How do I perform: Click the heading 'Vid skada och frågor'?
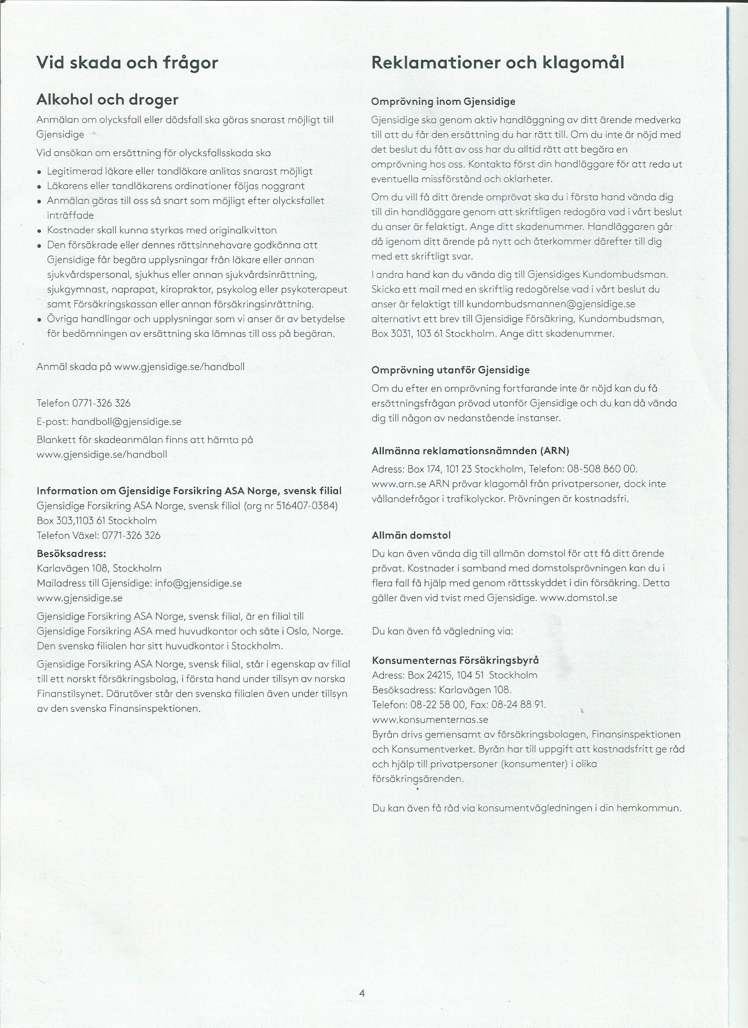click(x=127, y=63)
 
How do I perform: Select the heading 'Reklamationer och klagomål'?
click(x=497, y=63)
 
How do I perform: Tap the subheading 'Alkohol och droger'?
click(x=107, y=100)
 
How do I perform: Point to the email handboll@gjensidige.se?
click(x=126, y=422)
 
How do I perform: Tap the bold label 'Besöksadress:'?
click(x=71, y=554)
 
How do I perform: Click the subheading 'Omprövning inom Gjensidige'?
click(x=443, y=102)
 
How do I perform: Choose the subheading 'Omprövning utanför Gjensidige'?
click(x=451, y=370)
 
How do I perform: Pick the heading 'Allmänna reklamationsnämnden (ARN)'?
click(x=470, y=451)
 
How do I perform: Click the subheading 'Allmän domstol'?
click(x=411, y=535)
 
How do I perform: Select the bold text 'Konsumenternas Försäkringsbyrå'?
click(x=455, y=660)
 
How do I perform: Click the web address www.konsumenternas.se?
click(x=429, y=719)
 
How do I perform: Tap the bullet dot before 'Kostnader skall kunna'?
click(x=40, y=231)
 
